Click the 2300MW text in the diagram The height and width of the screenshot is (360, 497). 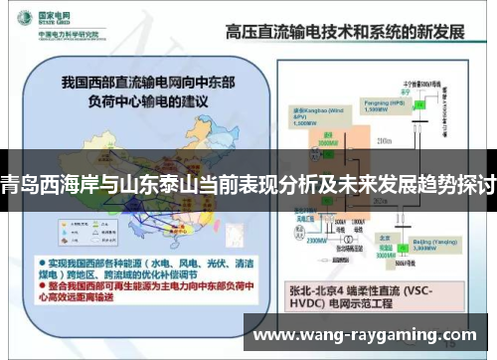315,240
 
